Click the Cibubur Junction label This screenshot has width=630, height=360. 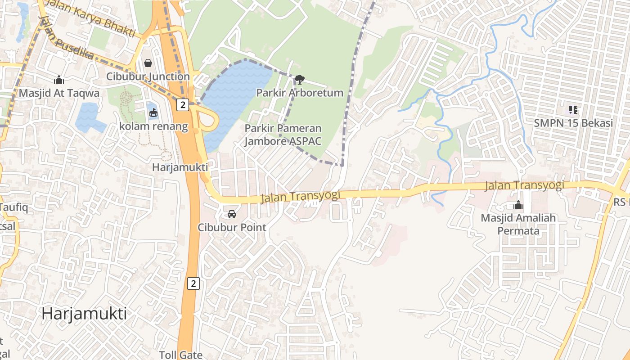coord(148,76)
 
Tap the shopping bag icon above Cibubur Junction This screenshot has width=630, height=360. coord(148,63)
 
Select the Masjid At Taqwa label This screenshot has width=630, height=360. coord(59,93)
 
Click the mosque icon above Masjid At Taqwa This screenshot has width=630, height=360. coord(59,80)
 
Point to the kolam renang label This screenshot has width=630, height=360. coord(153,126)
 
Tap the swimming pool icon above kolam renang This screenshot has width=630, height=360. coord(153,112)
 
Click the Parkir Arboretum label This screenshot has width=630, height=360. coord(300,93)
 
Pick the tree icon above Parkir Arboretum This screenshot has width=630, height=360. coord(299,80)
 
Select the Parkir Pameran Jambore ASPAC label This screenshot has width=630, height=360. coord(283,135)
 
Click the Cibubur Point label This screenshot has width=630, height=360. coord(232,227)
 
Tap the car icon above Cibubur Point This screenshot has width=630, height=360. coord(232,214)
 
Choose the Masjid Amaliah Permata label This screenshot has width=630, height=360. coord(518,224)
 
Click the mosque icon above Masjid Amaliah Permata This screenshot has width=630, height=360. coord(518,205)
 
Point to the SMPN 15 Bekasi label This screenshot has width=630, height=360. coord(573,123)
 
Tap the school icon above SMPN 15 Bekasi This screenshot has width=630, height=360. coord(573,109)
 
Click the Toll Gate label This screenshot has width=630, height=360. coord(181,355)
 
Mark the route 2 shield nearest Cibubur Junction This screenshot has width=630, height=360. coord(182,105)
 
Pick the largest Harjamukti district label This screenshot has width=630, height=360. coord(84,313)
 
